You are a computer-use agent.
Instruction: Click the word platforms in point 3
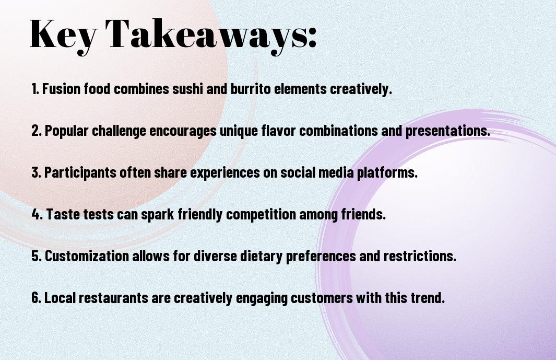tap(387, 172)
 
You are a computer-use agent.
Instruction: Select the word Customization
tap(87, 256)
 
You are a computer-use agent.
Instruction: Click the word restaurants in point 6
tap(113, 298)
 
